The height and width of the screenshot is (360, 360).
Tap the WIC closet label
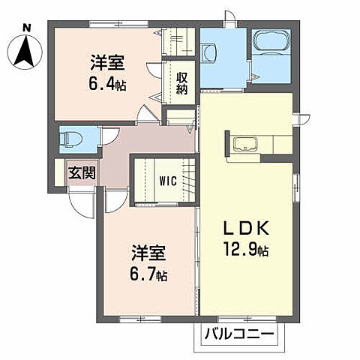point(167,180)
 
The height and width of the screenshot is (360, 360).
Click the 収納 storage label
point(181,84)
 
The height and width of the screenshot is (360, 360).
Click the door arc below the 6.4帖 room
point(147,116)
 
